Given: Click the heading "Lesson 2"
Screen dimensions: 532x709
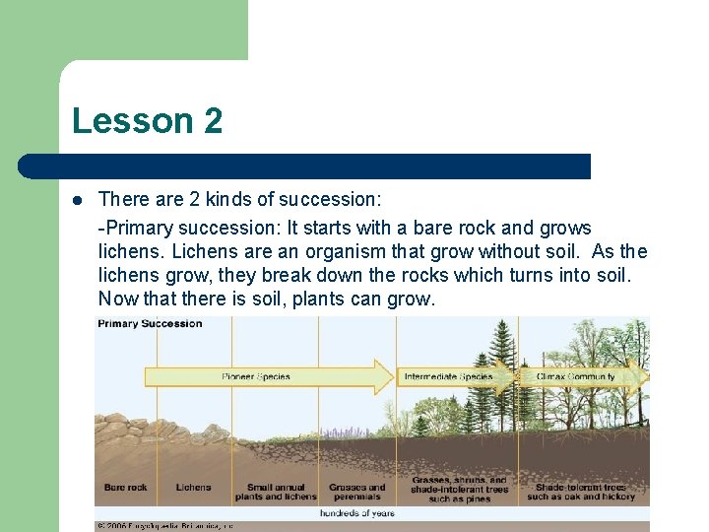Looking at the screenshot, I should point(147,121).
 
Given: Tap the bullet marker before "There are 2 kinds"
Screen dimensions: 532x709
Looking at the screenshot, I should point(77,200).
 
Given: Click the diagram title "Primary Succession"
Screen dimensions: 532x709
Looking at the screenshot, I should point(150,323).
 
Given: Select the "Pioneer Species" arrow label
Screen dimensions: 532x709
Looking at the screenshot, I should point(256,377).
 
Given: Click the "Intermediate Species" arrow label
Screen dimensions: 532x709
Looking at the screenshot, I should point(448,377).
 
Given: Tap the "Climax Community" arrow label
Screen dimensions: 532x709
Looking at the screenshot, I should point(576,377).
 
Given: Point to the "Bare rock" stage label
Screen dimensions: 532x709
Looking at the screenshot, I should point(125,487).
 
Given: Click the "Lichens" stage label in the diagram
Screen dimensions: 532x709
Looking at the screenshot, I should point(193,487).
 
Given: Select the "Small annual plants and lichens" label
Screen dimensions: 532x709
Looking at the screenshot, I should point(276,492).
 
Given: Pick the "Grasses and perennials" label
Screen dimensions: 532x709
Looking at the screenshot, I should point(356,492).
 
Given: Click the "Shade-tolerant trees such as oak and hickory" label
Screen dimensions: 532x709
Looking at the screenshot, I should point(580,492).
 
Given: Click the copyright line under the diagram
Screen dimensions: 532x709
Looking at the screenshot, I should point(164,526).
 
